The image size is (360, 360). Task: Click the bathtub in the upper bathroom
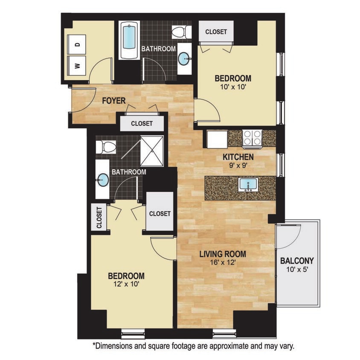[x=129, y=41]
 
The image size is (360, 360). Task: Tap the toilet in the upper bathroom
[x=178, y=31]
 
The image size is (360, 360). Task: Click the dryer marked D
[x=77, y=44]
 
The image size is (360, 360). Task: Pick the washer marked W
[x=77, y=65]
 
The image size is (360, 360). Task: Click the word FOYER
[x=114, y=101]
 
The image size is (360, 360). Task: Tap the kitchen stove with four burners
[x=252, y=138]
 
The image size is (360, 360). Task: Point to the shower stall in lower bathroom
[x=152, y=151]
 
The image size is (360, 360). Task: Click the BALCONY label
[x=297, y=261]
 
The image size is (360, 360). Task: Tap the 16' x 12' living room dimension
[x=223, y=263]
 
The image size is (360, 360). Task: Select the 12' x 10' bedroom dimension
[x=126, y=285]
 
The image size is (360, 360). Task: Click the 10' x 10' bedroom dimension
[x=232, y=87]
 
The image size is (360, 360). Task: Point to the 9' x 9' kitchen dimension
[x=238, y=165]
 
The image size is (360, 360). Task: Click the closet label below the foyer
[x=142, y=124]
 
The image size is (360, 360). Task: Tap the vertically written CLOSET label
[x=99, y=218]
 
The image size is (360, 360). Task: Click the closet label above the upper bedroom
[x=216, y=32]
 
